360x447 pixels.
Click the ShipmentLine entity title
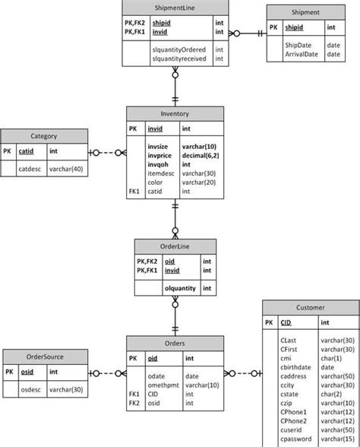[173, 8]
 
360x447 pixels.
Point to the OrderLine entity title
[175, 246]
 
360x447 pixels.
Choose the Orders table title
[175, 343]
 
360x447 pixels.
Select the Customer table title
[310, 308]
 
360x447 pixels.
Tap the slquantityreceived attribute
[178, 59]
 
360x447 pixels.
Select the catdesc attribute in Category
[30, 169]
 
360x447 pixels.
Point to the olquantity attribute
[180, 288]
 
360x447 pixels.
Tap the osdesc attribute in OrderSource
[30, 389]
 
